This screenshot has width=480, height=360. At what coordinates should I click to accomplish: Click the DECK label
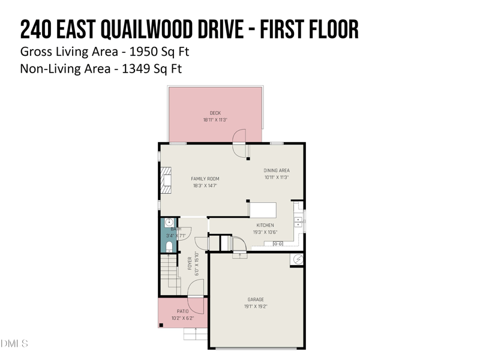tap(215, 113)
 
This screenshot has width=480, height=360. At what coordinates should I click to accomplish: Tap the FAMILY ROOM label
tap(205, 179)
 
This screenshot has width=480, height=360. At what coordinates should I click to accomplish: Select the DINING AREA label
tap(277, 170)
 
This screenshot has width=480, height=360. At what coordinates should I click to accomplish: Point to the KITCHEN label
tap(265, 226)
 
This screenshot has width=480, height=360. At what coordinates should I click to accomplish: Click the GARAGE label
tap(256, 299)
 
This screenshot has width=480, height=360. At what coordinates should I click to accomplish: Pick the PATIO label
tap(182, 311)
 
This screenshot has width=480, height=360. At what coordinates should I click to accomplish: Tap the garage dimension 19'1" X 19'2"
tap(256, 306)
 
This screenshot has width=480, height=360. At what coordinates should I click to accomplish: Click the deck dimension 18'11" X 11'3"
tap(215, 120)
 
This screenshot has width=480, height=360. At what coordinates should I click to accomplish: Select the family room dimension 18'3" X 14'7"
tap(205, 186)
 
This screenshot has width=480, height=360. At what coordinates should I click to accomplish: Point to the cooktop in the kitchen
tap(278, 244)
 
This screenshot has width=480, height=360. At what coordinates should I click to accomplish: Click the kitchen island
tap(263, 210)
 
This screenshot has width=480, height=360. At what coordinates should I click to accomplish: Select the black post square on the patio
tap(161, 325)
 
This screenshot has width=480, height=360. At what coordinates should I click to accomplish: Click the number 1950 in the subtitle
tap(137, 51)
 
